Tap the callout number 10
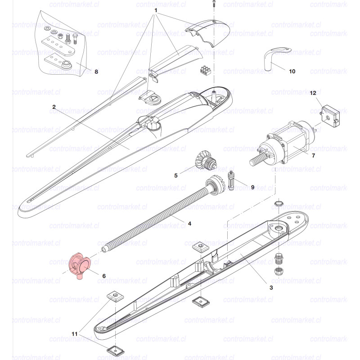pyautogui.click(x=292, y=72)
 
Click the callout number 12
pyautogui.click(x=313, y=93)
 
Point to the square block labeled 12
pyautogui.click(x=331, y=116)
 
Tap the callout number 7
pyautogui.click(x=313, y=156)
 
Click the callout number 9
pyautogui.click(x=252, y=187)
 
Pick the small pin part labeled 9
pyautogui.click(x=231, y=180)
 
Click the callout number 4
pyautogui.click(x=189, y=224)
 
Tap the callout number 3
pyautogui.click(x=271, y=288)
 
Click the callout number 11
pyautogui.click(x=74, y=334)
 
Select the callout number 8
pyautogui.click(x=96, y=72)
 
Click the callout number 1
pyautogui.click(x=156, y=10)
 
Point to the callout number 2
pyautogui.click(x=54, y=107)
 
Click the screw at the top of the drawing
pyautogui.click(x=214, y=4)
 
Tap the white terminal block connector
pyautogui.click(x=206, y=70)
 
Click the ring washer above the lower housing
pyautogui.click(x=279, y=203)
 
